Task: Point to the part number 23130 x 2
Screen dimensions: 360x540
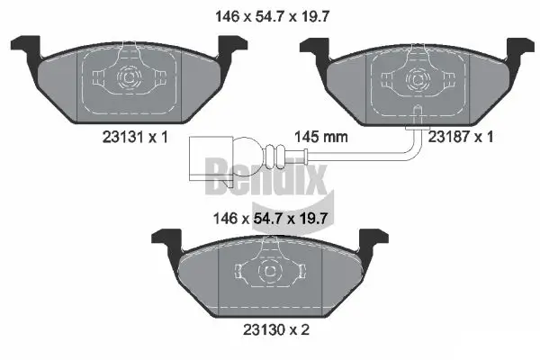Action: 271,330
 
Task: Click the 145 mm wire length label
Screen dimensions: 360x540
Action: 321,137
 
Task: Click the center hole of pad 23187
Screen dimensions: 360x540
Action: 417,78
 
